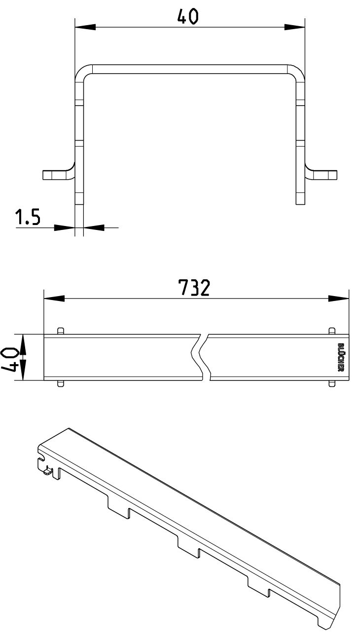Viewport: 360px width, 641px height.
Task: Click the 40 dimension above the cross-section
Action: tap(187, 16)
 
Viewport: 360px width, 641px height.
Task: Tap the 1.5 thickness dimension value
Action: tap(28, 217)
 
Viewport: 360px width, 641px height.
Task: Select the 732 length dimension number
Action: tap(194, 287)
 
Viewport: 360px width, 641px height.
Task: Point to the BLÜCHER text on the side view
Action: tap(341, 357)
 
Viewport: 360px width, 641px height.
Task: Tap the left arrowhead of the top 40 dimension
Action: tap(85, 28)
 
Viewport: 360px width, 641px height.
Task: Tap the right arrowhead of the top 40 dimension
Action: tap(294, 28)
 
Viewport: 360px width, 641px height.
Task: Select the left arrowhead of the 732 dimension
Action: tap(54, 299)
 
